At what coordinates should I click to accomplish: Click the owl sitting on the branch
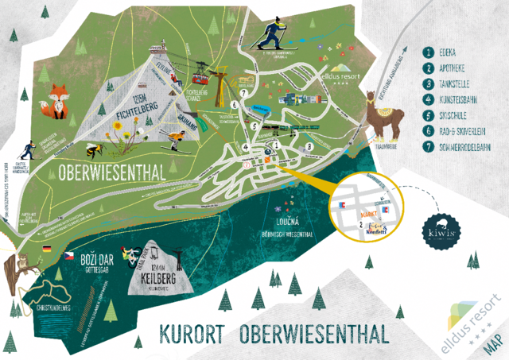point(22,265)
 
